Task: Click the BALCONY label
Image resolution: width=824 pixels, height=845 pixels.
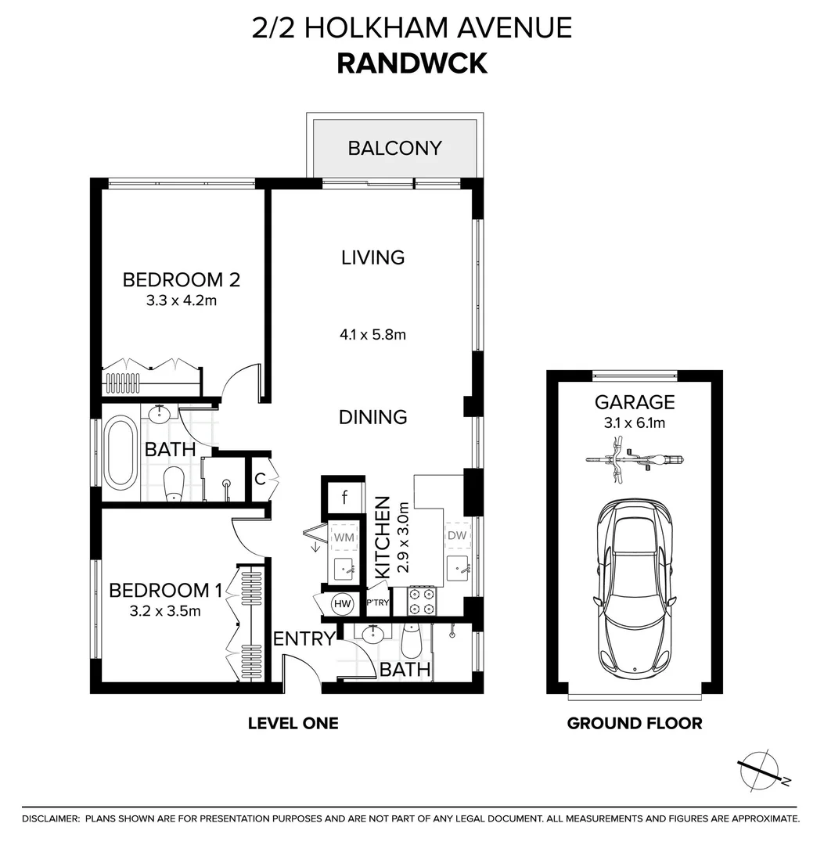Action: [394, 148]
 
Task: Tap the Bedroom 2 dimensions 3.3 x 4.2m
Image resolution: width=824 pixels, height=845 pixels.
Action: [182, 299]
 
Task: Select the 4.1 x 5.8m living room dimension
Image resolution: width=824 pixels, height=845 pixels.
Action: [373, 335]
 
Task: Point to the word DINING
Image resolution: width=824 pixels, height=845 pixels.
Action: [372, 417]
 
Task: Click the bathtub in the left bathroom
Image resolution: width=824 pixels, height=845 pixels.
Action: [121, 454]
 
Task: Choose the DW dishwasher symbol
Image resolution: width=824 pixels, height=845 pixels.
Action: [457, 536]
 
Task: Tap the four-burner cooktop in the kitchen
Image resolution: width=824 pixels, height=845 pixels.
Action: [423, 600]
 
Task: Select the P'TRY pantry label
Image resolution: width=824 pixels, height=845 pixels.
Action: [379, 604]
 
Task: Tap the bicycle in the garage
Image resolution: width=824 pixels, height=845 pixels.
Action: [635, 459]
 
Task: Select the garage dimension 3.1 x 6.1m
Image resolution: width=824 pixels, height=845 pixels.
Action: [635, 423]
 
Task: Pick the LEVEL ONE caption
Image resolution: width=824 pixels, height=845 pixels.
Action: [293, 724]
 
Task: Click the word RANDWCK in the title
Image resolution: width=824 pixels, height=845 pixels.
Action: [412, 63]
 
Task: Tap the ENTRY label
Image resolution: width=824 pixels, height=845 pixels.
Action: [304, 639]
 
